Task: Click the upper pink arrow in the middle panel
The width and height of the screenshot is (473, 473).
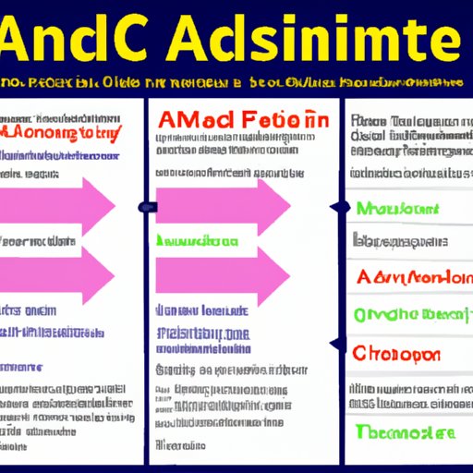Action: (x=222, y=204)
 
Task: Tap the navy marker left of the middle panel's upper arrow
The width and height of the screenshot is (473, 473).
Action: (x=144, y=207)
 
